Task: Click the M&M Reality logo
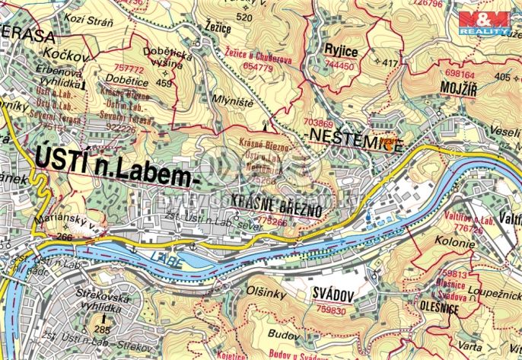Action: [489, 23]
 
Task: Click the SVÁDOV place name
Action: [335, 295]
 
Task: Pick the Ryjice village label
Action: [339, 51]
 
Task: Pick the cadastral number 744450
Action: [339, 65]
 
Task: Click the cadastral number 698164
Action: [459, 75]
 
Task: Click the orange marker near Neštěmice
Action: [390, 145]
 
